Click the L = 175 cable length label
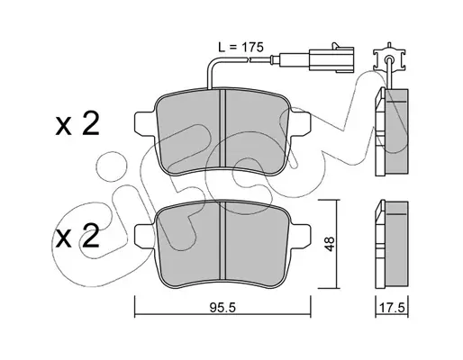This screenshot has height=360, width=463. pyautogui.click(x=241, y=47)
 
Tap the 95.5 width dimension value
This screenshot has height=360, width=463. pyautogui.click(x=222, y=308)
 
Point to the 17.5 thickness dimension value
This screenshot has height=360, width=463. pyautogui.click(x=392, y=308)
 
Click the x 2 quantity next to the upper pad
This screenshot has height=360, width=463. pyautogui.click(x=77, y=124)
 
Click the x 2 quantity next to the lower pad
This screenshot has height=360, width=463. pyautogui.click(x=77, y=237)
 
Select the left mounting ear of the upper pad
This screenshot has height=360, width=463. pyautogui.click(x=146, y=122)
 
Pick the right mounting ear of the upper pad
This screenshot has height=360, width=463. pyautogui.click(x=300, y=122)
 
